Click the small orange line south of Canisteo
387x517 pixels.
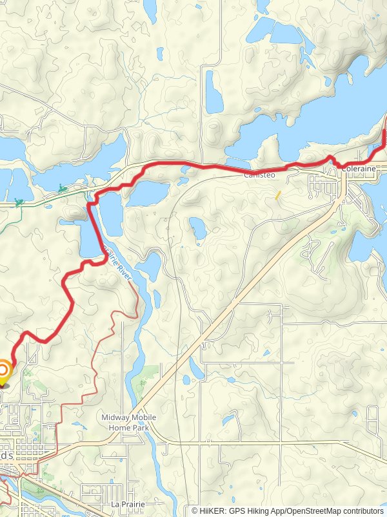tap(278, 194)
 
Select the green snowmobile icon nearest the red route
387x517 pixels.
tap(62, 189)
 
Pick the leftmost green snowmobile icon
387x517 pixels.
tap(19, 202)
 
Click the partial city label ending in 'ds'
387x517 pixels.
tap(6, 454)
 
